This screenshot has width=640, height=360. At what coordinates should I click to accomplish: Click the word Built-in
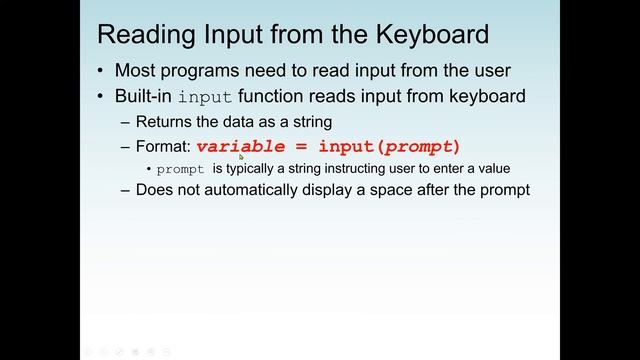click(145, 97)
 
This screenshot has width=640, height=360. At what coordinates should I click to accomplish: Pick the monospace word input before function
click(205, 98)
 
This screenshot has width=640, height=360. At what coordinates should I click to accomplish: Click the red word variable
click(241, 146)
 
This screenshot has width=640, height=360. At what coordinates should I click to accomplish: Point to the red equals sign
click(301, 146)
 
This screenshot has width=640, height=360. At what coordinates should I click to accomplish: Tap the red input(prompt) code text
click(389, 146)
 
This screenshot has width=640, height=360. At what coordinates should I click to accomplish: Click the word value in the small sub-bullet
click(494, 168)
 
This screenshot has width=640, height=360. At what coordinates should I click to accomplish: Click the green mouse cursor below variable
click(242, 156)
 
